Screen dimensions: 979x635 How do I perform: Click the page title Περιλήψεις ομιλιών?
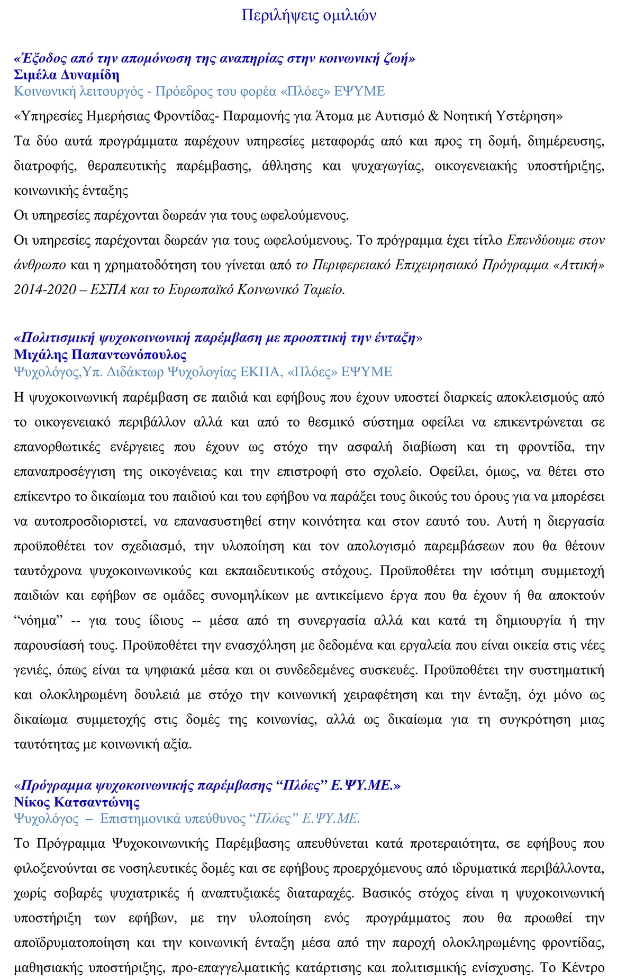coord(309,15)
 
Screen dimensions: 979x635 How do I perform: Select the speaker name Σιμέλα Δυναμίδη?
coord(67,75)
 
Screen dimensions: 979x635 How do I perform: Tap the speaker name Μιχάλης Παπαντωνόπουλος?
coord(101,355)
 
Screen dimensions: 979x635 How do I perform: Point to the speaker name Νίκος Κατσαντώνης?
coord(77,802)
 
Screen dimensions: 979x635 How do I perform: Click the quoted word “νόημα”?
coord(39,621)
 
